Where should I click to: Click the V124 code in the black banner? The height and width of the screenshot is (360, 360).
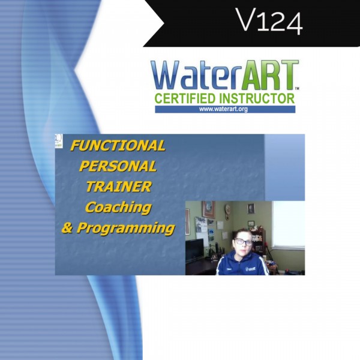pos(269,22)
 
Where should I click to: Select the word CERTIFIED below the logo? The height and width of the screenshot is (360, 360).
pos(185,98)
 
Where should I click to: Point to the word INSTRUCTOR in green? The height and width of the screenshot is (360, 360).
pos(257,98)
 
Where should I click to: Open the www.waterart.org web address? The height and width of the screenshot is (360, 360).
pos(223,109)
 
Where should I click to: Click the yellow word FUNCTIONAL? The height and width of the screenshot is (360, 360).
pos(118,146)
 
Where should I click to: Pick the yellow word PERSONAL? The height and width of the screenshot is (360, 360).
pos(118,166)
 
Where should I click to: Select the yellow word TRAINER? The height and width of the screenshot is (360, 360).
pos(119,187)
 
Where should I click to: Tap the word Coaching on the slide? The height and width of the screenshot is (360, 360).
pos(118,208)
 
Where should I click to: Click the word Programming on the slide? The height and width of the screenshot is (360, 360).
pos(126,229)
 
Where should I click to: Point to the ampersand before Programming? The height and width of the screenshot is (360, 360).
pos(67,228)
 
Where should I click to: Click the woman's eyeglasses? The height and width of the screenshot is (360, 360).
pos(242,242)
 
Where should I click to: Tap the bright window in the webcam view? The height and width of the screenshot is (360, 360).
pos(289,224)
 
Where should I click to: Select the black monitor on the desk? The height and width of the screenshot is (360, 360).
pos(194,249)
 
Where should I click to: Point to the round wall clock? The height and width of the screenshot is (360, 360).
pos(228,208)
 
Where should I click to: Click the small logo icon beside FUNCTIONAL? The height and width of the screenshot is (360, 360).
pos(59,141)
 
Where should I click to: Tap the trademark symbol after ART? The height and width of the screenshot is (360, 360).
pos(297,88)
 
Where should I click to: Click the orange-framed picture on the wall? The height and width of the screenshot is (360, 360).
pos(208,209)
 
